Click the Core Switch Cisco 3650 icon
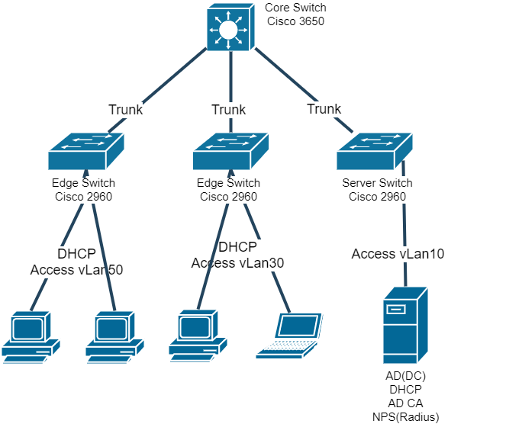click(227, 28)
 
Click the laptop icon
click(289, 336)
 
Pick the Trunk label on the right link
click(324, 109)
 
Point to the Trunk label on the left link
click(126, 110)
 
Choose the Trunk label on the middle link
click(229, 110)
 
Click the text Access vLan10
click(398, 254)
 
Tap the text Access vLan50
click(76, 269)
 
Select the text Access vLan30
click(237, 263)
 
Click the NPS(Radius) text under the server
click(405, 416)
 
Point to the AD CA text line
click(405, 403)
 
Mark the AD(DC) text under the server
click(405, 376)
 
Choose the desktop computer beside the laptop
click(198, 336)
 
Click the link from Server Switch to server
click(404, 221)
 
